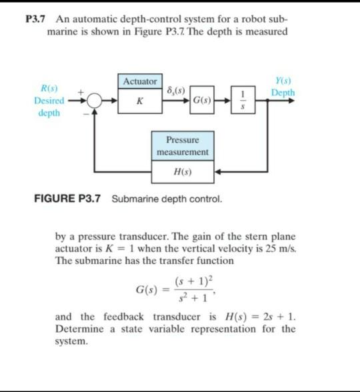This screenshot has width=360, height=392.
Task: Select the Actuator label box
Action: pyautogui.click(x=139, y=81)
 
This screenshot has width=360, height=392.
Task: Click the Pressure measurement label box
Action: pyautogui.click(x=182, y=146)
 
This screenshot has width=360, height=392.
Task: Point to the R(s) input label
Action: pyautogui.click(x=48, y=88)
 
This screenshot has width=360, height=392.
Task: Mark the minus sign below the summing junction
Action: pyautogui.click(x=85, y=114)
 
